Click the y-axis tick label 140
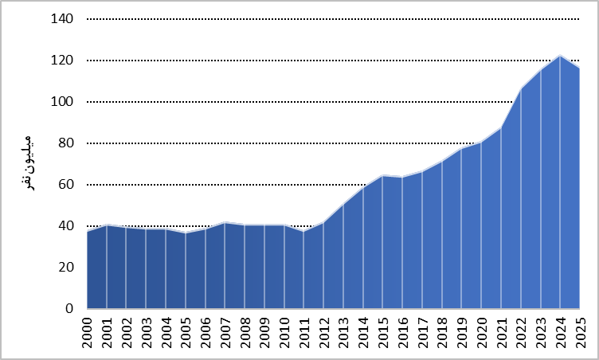62,19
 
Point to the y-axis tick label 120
62,60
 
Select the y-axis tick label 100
62,102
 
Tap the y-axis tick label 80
65,143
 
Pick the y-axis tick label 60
65,184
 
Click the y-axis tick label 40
65,225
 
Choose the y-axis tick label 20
65,267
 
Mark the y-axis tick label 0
69,308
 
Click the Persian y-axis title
27,163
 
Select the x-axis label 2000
87,333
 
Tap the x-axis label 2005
186,333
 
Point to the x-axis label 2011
304,333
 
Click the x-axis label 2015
383,333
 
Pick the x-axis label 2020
481,333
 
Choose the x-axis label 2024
561,333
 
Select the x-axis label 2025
580,333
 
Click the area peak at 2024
560,56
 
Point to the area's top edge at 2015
383,176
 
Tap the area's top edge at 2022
521,89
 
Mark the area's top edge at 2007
225,222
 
